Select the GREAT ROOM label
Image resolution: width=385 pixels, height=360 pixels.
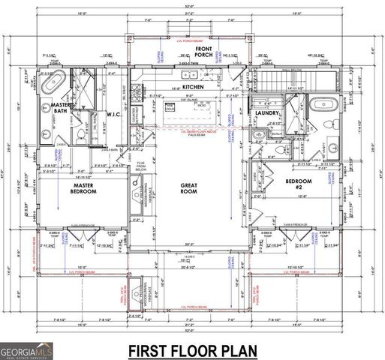188,189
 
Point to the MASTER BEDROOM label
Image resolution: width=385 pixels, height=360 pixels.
84,187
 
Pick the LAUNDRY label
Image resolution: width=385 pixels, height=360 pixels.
267,115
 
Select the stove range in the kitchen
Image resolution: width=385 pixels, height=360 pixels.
137,94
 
